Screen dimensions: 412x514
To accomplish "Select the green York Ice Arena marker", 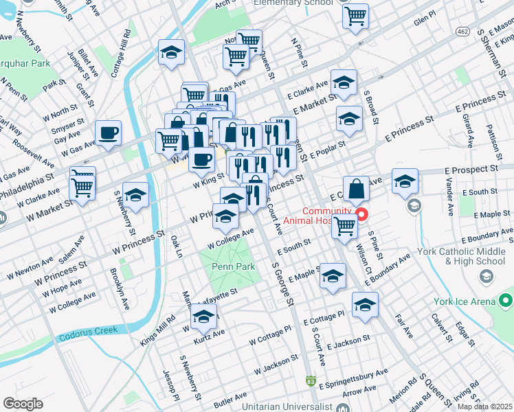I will click(x=506, y=301).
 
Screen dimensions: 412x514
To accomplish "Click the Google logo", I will click(x=23, y=403).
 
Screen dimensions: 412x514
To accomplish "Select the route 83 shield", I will click(x=311, y=380).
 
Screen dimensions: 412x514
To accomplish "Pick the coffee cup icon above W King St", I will click(x=201, y=159).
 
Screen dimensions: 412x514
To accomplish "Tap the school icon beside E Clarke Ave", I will click(x=343, y=83).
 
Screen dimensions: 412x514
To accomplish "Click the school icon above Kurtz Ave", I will click(x=204, y=317).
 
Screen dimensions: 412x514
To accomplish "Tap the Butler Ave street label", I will click(x=230, y=398).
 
